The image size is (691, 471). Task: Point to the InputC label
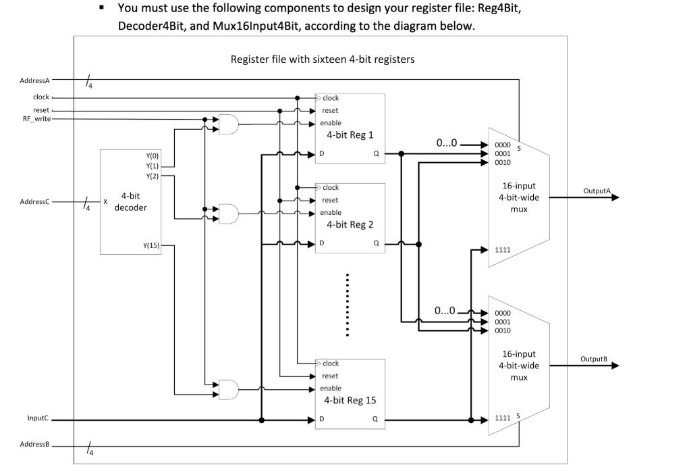(38, 418)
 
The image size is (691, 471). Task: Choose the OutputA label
(597, 191)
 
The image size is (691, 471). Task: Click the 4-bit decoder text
(130, 201)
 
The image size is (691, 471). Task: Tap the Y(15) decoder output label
(152, 245)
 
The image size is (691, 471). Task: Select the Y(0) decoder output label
(153, 155)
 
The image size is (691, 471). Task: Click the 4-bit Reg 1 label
(349, 134)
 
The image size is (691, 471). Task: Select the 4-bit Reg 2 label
(349, 224)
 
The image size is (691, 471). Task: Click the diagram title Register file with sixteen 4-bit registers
(323, 59)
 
